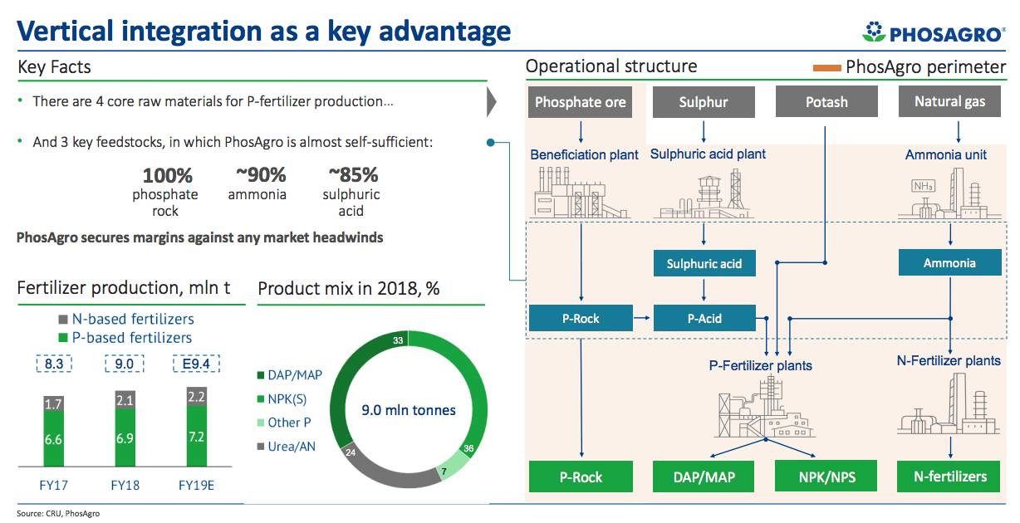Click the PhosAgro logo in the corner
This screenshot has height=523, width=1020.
click(933, 33)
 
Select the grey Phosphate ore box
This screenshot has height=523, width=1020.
click(580, 102)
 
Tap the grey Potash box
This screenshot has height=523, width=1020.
click(826, 102)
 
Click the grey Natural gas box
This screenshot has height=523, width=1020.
click(949, 102)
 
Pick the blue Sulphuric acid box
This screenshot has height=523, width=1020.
click(704, 264)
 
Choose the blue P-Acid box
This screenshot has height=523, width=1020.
click(704, 318)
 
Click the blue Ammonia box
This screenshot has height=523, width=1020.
click(949, 263)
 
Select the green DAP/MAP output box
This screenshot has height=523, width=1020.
click(704, 477)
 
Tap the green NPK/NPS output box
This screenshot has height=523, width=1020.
click(826, 477)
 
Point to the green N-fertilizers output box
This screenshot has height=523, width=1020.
click(949, 477)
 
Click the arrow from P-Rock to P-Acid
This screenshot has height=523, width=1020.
click(643, 318)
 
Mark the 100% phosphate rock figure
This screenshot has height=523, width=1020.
click(167, 175)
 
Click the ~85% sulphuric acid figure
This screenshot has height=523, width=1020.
click(352, 175)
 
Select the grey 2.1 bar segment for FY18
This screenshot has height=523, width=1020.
click(125, 401)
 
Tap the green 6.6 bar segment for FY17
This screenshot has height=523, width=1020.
click(53, 439)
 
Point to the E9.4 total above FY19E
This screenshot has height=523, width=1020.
click(196, 364)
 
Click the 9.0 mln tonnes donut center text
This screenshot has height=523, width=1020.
click(409, 410)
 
